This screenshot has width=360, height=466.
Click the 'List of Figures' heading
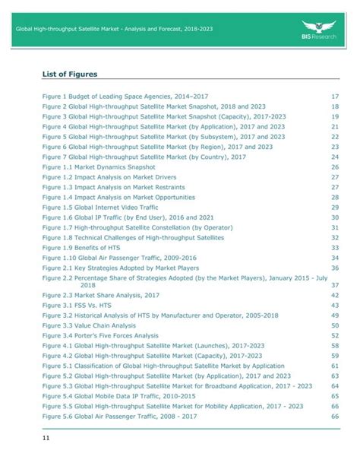[x=69, y=74]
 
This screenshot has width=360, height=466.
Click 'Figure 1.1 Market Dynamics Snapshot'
[x=99, y=166]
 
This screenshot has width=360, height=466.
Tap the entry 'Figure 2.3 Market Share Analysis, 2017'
[x=101, y=294]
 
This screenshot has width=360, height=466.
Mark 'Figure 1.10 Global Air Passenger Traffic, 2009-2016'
[x=121, y=257]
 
